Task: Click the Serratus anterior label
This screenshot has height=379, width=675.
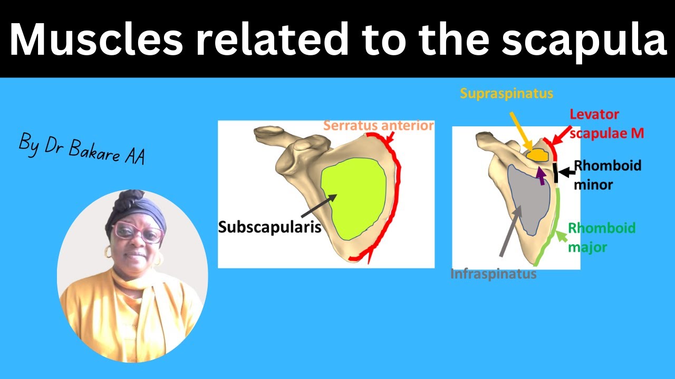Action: coord(378,126)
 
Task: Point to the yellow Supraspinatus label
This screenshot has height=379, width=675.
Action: coord(506,94)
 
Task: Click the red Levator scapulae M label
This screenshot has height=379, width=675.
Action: coord(606,124)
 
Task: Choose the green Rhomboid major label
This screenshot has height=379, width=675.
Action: coord(601,237)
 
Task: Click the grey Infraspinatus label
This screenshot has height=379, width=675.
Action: coord(493,274)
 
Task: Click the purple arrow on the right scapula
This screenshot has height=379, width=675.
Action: coord(540,175)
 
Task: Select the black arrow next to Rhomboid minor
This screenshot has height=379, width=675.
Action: coord(565,172)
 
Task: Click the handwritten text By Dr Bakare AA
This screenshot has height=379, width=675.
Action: coord(82,149)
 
